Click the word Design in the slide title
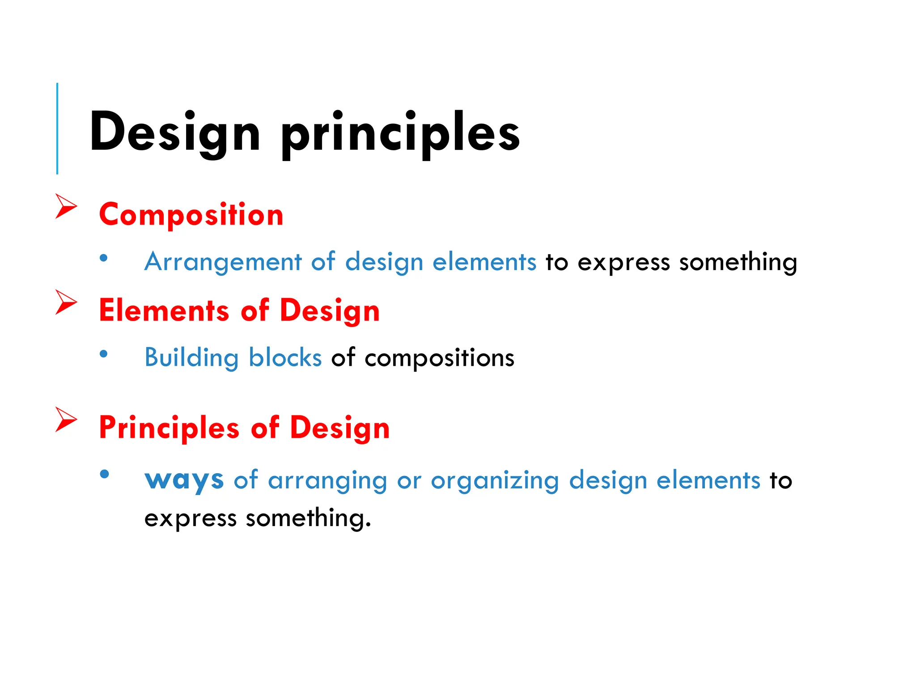pos(174,132)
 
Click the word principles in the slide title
pos(400,132)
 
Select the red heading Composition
pos(191,215)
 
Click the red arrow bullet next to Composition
pos(66,206)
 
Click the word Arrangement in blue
pos(223,262)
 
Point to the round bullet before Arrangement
pos(104,258)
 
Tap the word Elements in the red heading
pos(164,310)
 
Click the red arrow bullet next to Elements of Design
pos(66,302)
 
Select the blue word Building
pos(191,358)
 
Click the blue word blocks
pos(285,357)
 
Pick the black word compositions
pos(439,358)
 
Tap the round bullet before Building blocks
pos(104,354)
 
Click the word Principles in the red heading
pos(169,428)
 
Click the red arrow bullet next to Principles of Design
pos(66,419)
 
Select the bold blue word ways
pos(184,481)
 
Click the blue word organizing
pos(495,481)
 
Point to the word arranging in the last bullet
pos(327,481)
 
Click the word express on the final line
pos(190,519)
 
